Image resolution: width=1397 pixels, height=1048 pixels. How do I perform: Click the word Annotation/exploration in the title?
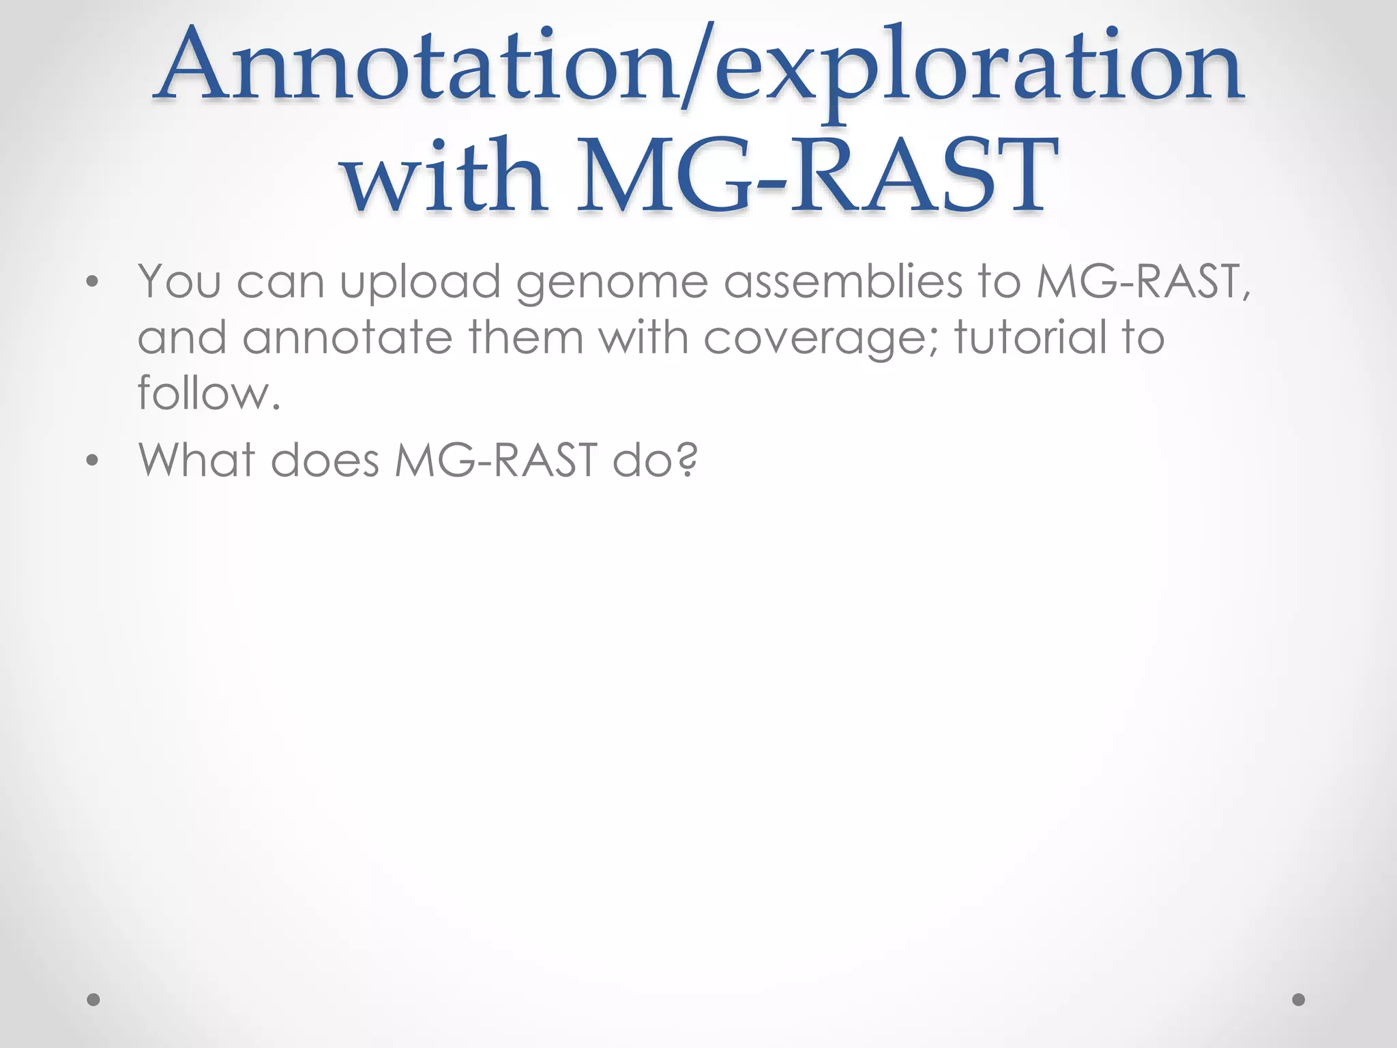pos(698,72)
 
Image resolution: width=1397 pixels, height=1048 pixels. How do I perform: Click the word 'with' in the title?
pos(445,176)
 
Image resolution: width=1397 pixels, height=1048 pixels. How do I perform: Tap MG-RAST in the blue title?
pos(816,176)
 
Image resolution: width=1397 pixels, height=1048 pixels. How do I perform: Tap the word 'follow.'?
pos(209,394)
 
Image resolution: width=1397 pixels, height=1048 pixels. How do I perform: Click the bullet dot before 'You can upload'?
pos(93,282)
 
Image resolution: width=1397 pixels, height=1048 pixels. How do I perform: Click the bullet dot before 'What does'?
pos(93,461)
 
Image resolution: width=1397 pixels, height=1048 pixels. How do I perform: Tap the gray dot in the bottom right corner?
pos(1299,1000)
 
